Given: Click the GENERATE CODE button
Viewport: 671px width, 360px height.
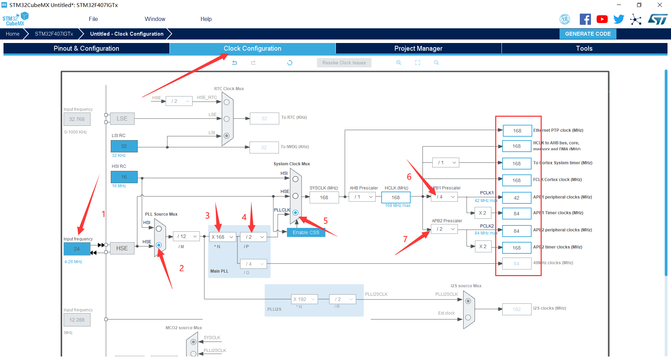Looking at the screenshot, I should tap(588, 34).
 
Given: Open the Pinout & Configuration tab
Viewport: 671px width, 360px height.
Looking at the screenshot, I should tap(86, 49).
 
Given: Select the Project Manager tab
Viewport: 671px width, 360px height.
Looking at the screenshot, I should tap(418, 49).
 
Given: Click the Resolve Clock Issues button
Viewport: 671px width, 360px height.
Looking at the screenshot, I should tap(344, 63).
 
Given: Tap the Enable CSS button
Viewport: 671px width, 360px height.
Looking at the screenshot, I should tap(306, 232).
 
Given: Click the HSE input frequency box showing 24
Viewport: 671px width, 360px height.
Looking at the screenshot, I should tap(77, 249).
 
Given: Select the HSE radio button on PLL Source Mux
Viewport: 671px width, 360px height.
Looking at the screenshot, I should tap(159, 245).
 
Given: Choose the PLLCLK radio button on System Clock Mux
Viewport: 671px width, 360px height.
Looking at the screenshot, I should tap(295, 213).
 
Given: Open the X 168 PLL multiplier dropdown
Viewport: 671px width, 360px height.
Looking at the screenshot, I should tap(223, 237).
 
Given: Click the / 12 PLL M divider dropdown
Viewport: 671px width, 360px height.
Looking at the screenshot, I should tap(187, 237).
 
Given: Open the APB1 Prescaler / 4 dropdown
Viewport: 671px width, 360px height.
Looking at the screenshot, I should tap(444, 197).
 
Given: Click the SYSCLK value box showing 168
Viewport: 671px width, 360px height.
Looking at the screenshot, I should tap(324, 197).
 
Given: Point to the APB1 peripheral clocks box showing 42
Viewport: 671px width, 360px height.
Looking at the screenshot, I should tap(517, 198).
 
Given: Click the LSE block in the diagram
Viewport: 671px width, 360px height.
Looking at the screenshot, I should tap(122, 119).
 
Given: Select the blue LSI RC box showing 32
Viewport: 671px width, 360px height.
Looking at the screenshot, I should tap(124, 146).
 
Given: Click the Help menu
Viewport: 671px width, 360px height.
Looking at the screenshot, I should tap(206, 19).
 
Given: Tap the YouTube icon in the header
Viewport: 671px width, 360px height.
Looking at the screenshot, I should tap(602, 19).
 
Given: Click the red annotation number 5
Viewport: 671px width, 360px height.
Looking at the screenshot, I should tap(325, 221).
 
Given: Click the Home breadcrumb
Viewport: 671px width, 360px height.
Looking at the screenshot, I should tap(13, 34).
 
